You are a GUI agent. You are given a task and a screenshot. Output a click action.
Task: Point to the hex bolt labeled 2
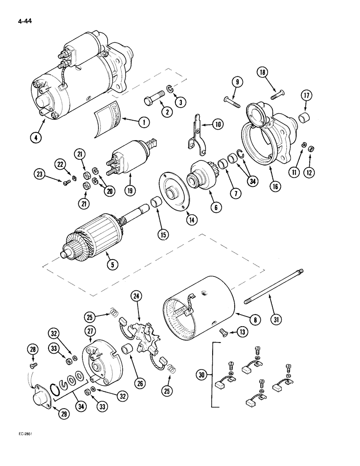click(x=153, y=102)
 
